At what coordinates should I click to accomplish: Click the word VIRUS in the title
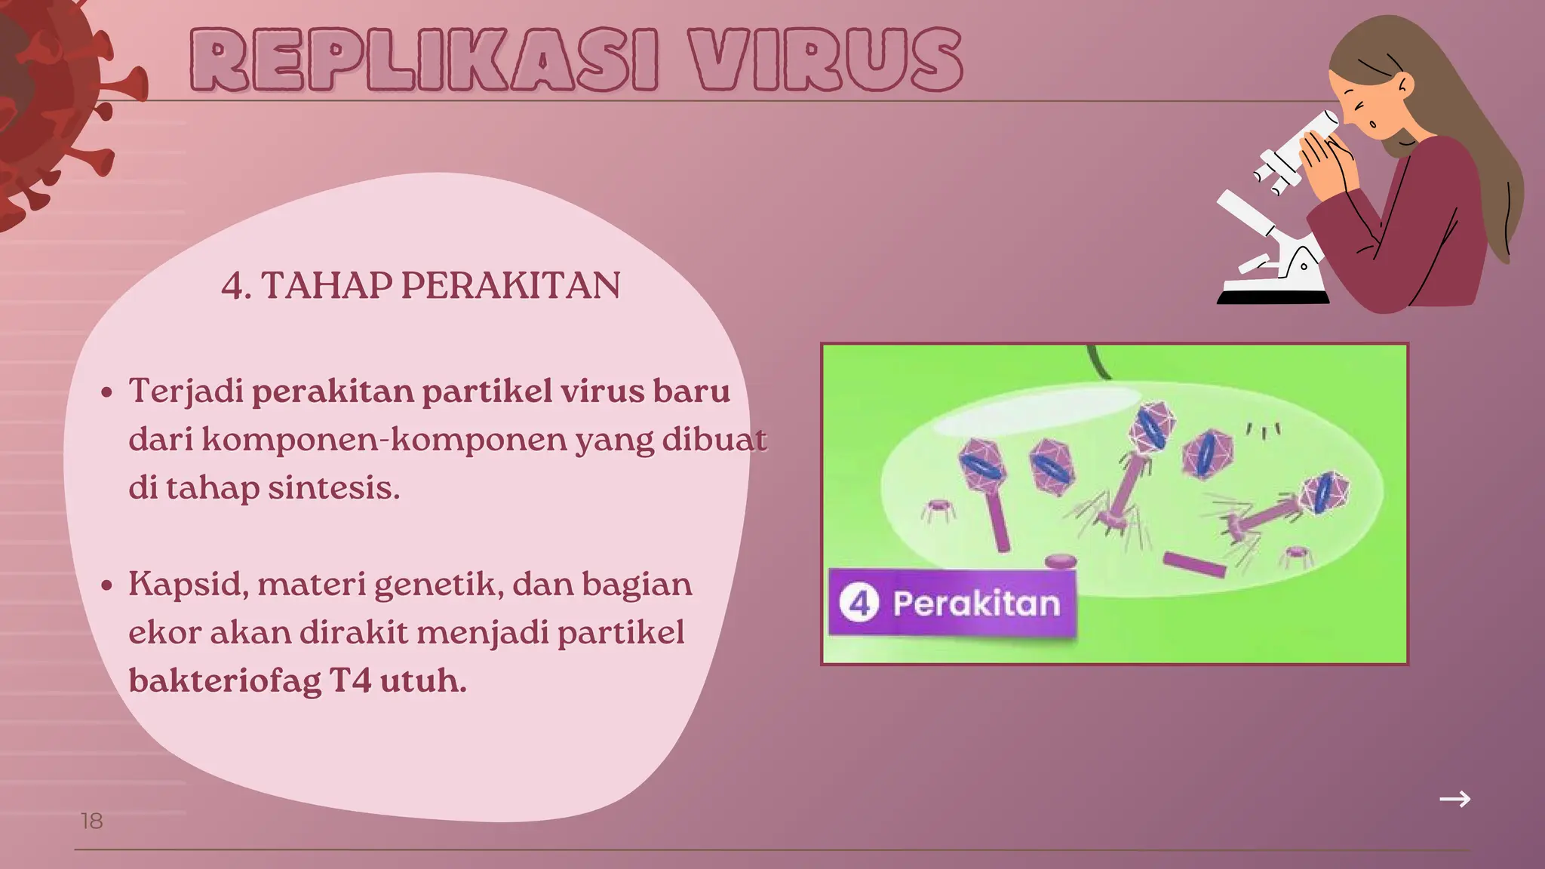828,60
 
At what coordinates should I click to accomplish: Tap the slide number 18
91,821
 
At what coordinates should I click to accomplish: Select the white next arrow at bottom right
1454,799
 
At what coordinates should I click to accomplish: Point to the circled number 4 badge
859,603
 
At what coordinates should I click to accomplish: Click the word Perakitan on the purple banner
976,603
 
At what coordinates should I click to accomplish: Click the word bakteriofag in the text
224,681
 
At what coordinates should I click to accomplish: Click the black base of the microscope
1273,298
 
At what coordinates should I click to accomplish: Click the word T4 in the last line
351,681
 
